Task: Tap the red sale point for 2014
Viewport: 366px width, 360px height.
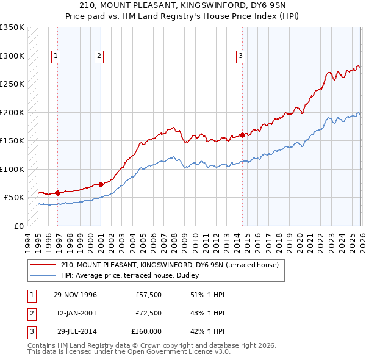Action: point(243,135)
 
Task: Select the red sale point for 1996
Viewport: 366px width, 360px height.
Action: point(57,193)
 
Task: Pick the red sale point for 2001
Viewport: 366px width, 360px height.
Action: point(101,184)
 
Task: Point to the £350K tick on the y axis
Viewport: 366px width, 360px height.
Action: point(12,27)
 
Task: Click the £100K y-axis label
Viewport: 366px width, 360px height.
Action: point(12,169)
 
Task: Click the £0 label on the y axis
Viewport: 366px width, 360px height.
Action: point(17,226)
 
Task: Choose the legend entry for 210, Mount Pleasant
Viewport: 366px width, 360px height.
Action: point(170,265)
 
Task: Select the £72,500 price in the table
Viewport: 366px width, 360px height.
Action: point(149,313)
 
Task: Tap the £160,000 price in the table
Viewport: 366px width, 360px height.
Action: point(146,331)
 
